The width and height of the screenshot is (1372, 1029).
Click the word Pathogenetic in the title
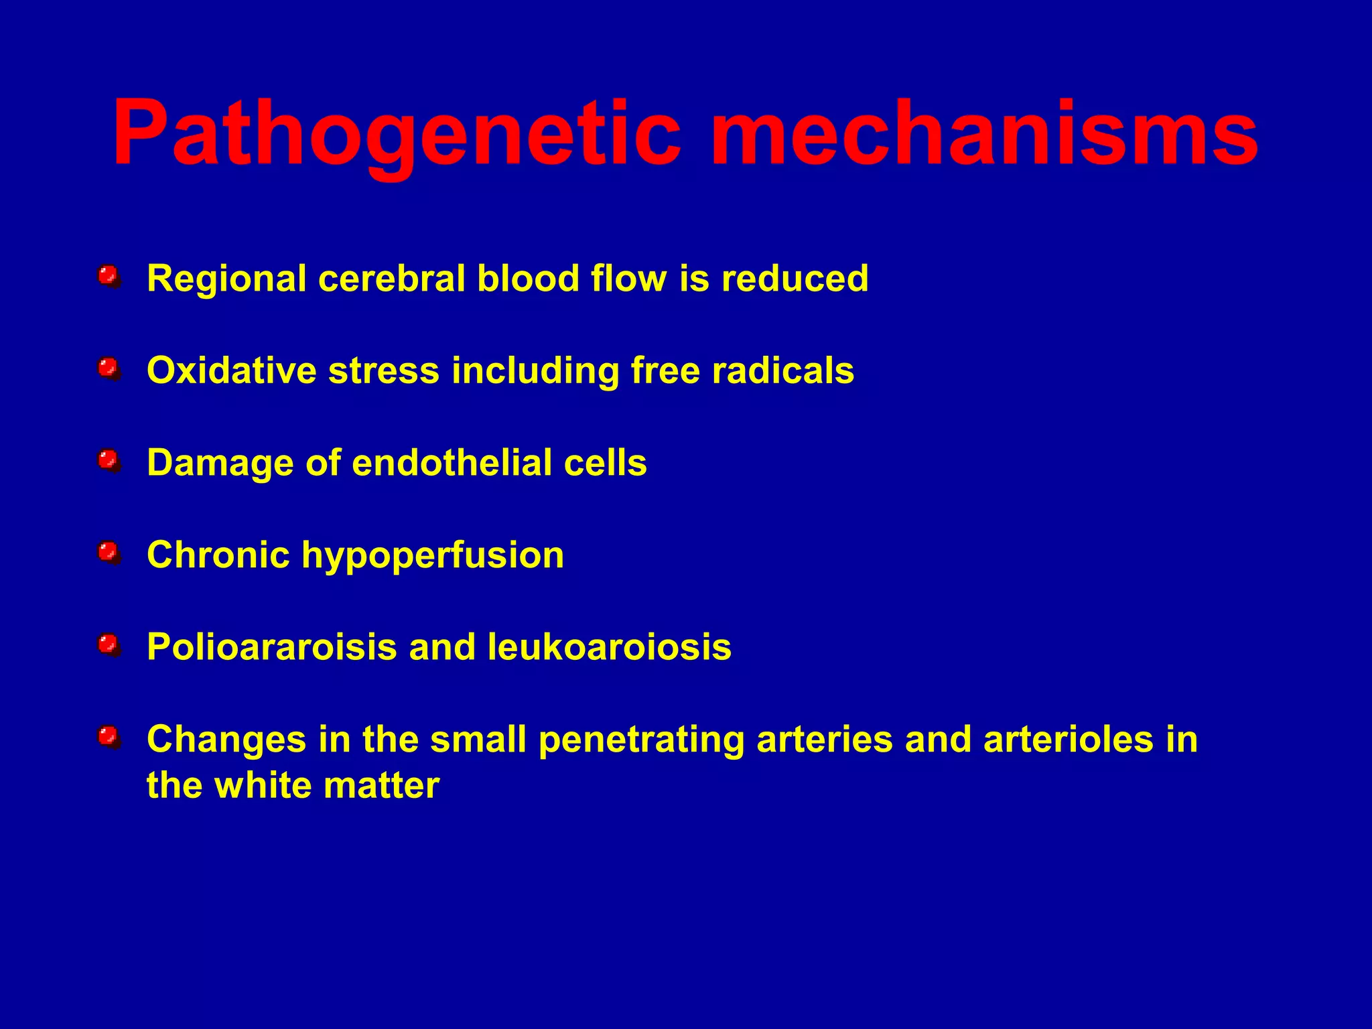point(395,134)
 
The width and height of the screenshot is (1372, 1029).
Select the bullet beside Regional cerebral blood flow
point(108,276)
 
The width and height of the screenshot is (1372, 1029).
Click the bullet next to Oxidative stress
point(108,368)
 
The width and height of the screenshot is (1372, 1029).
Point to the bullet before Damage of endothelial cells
point(108,461)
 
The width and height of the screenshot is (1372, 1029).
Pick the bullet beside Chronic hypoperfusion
point(108,553)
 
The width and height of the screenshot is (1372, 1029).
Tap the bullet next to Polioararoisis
point(108,645)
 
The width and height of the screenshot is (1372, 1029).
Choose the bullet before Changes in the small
point(108,738)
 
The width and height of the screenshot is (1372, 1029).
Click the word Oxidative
point(232,370)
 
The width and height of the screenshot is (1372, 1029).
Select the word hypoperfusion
point(432,556)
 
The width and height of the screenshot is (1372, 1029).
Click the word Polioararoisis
point(271,647)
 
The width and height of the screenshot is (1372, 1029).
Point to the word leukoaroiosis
point(609,647)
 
